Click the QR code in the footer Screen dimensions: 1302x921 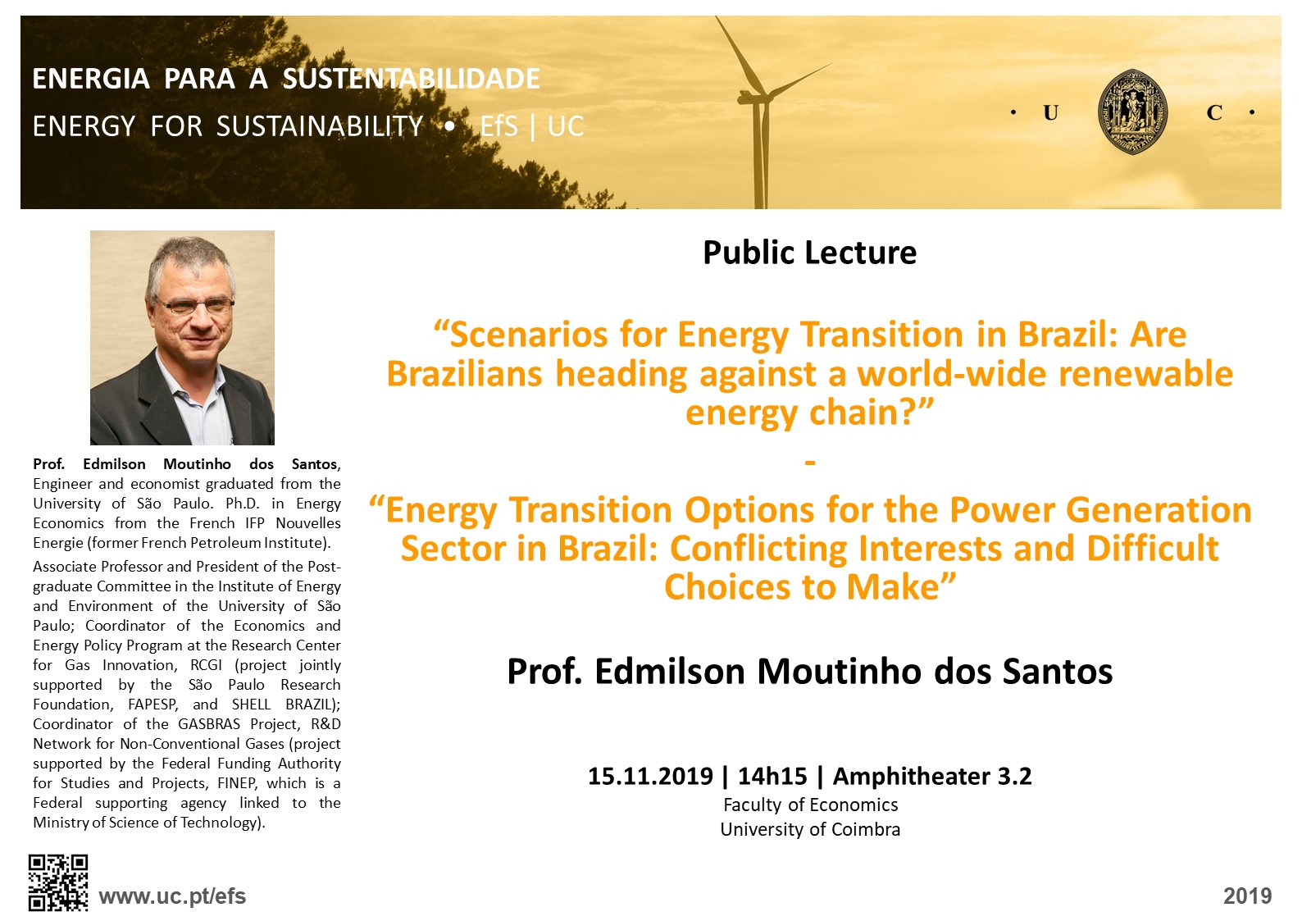(x=58, y=882)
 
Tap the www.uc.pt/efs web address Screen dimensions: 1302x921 (x=173, y=896)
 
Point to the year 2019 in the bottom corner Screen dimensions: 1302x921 (x=1247, y=896)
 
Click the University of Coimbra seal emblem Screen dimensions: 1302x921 (x=1131, y=112)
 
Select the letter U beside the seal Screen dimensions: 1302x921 (x=1051, y=113)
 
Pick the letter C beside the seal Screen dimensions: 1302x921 (x=1214, y=113)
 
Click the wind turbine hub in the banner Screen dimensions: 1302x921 (x=755, y=97)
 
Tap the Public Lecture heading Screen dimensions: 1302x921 (x=810, y=253)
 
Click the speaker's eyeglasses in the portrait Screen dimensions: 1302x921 (x=194, y=304)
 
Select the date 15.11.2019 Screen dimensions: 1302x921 (x=650, y=776)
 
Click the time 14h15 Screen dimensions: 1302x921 (x=772, y=776)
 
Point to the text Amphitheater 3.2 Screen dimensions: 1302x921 (x=932, y=777)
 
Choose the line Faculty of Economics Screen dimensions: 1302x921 (x=810, y=805)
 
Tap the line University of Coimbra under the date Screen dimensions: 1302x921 (x=810, y=829)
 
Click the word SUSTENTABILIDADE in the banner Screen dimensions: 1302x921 (x=411, y=79)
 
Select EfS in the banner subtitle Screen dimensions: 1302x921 (x=498, y=126)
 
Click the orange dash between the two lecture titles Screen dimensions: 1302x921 (x=810, y=463)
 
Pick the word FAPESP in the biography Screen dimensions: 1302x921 (x=153, y=704)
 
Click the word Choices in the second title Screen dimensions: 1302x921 (x=727, y=587)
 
